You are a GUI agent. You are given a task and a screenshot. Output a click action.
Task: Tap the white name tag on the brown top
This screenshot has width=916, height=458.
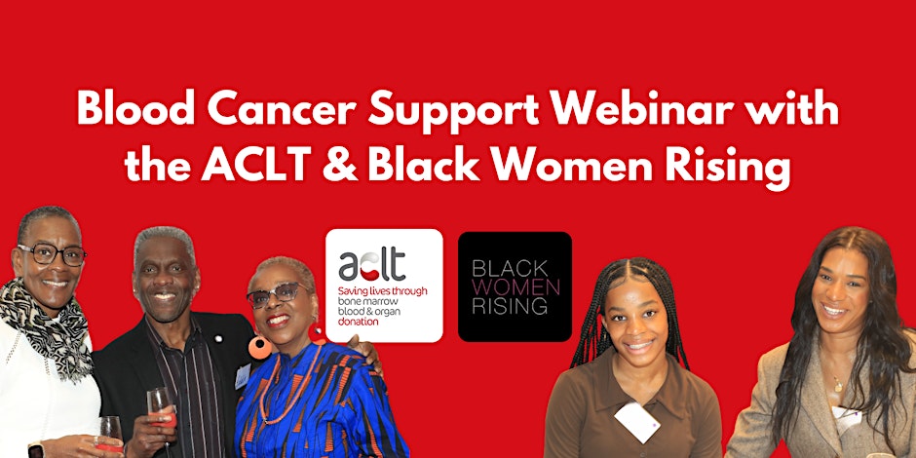[x=632, y=421]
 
